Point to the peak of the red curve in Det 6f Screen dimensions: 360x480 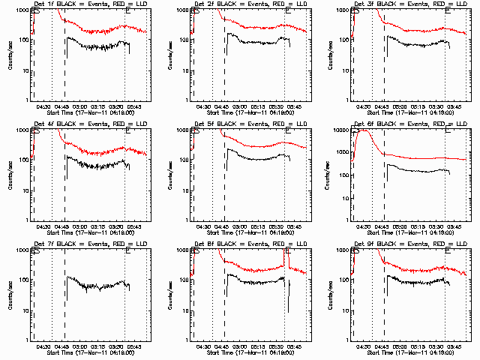[365, 130]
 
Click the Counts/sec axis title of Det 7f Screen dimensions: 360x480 [10, 295]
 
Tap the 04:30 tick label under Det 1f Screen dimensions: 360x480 [43, 107]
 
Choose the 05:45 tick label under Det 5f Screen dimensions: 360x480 [295, 227]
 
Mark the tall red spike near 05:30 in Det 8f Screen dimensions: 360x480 [286, 255]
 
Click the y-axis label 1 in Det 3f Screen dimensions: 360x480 [347, 100]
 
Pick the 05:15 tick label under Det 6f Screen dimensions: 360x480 [418, 227]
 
